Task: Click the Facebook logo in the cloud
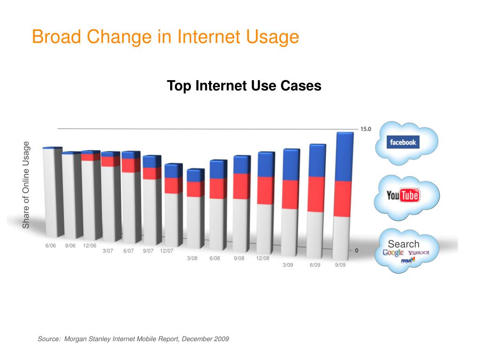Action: [402, 142]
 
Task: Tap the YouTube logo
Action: [403, 195]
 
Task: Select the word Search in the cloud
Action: [404, 244]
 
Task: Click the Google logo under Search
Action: [393, 253]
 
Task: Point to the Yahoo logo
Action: [418, 253]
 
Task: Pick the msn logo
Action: [406, 261]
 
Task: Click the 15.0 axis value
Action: [366, 129]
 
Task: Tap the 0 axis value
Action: [357, 250]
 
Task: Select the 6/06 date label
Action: [51, 246]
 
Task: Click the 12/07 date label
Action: [166, 251]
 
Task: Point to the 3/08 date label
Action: [192, 258]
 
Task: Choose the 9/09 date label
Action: [341, 265]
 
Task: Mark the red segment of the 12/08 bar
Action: [265, 190]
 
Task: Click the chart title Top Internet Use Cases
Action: [244, 86]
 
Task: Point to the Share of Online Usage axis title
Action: [26, 185]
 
